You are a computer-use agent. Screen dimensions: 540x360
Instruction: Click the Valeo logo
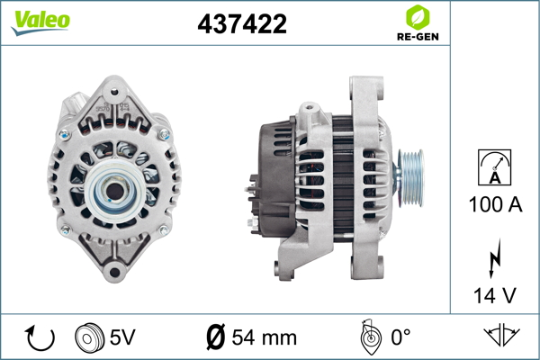point(40,22)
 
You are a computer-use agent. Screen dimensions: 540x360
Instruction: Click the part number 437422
point(242,23)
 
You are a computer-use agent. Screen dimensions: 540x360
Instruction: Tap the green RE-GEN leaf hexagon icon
point(418,18)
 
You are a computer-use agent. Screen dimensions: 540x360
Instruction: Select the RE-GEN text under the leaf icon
point(418,37)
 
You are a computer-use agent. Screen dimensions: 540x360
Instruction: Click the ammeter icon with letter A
point(494,167)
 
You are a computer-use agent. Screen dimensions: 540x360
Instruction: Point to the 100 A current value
point(495,204)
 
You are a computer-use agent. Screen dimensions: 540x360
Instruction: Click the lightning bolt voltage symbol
point(495,258)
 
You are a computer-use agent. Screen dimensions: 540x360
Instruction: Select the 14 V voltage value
point(495,295)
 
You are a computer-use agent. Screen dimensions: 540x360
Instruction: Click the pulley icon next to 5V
point(89,337)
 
